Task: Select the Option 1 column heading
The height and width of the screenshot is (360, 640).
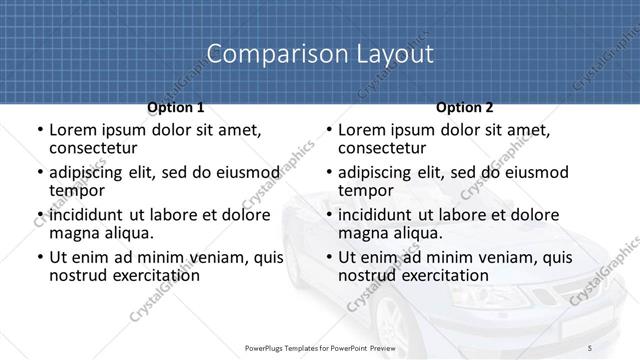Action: (x=175, y=106)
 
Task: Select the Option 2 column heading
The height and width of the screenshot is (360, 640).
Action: (x=465, y=106)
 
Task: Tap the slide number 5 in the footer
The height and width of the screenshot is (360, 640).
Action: (x=590, y=347)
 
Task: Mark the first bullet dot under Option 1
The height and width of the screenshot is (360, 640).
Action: (x=39, y=130)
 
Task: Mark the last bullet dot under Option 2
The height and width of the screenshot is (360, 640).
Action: (x=328, y=258)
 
